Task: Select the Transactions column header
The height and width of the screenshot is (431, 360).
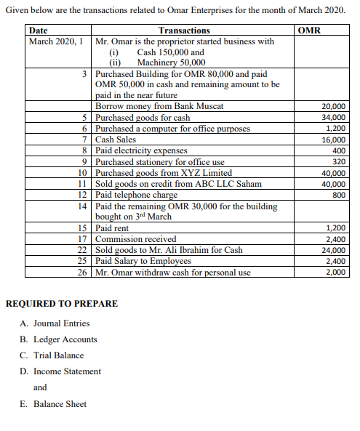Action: click(184, 31)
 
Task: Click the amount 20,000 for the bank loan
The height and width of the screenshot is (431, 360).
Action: click(334, 107)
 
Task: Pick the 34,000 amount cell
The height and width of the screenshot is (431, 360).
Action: click(334, 118)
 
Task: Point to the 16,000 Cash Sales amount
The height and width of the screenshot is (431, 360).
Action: click(334, 140)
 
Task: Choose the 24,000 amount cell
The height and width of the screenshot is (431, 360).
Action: click(334, 250)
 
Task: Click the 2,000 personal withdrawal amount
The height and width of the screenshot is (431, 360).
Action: click(336, 273)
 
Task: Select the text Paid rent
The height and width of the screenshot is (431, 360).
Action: click(113, 228)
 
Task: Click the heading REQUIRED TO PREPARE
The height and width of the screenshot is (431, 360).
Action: click(61, 304)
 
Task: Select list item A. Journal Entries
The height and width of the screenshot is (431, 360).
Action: click(56, 323)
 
